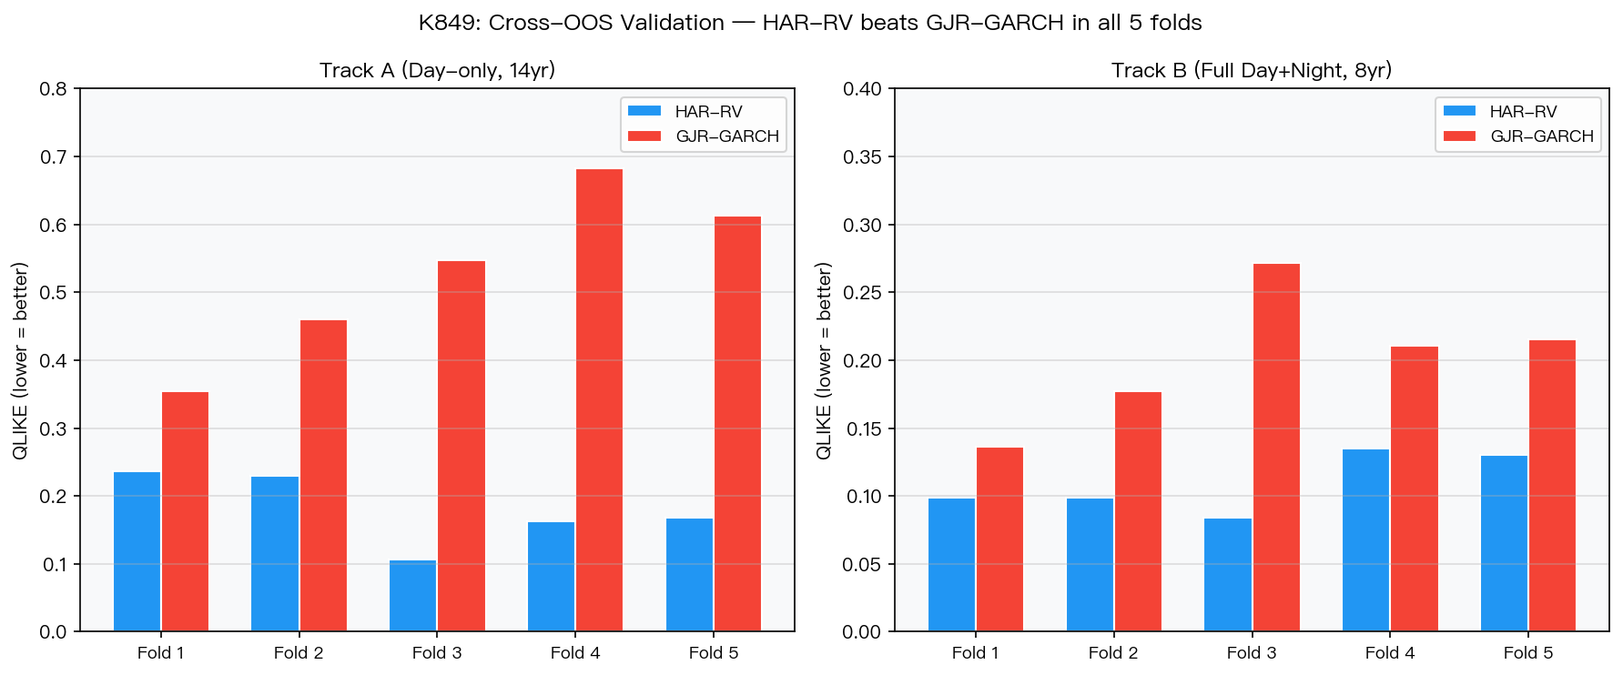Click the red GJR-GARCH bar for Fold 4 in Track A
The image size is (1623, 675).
[x=599, y=400]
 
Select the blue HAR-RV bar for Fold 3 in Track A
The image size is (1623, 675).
[x=413, y=596]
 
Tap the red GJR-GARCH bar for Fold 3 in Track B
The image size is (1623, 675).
[x=1276, y=448]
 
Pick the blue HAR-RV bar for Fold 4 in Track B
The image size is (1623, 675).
[x=1366, y=540]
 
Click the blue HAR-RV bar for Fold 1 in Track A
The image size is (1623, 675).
[x=137, y=551]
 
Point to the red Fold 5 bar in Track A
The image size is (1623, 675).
[x=737, y=424]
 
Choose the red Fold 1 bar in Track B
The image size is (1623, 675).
[x=999, y=539]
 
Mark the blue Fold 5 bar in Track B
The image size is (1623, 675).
[x=1505, y=543]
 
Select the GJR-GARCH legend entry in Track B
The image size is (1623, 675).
[x=1519, y=136]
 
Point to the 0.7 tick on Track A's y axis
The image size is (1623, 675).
[x=54, y=157]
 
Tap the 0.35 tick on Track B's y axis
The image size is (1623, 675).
[x=862, y=157]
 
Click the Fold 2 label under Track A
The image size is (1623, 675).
[x=299, y=653]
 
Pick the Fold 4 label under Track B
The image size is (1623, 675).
[x=1390, y=653]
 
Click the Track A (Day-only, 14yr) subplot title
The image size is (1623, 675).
[x=438, y=71]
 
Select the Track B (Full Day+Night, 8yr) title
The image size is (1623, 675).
[x=1252, y=71]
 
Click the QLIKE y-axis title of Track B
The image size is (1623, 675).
[x=824, y=361]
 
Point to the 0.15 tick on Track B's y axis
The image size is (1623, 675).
[x=862, y=428]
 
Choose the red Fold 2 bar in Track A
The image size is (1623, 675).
[x=323, y=476]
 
